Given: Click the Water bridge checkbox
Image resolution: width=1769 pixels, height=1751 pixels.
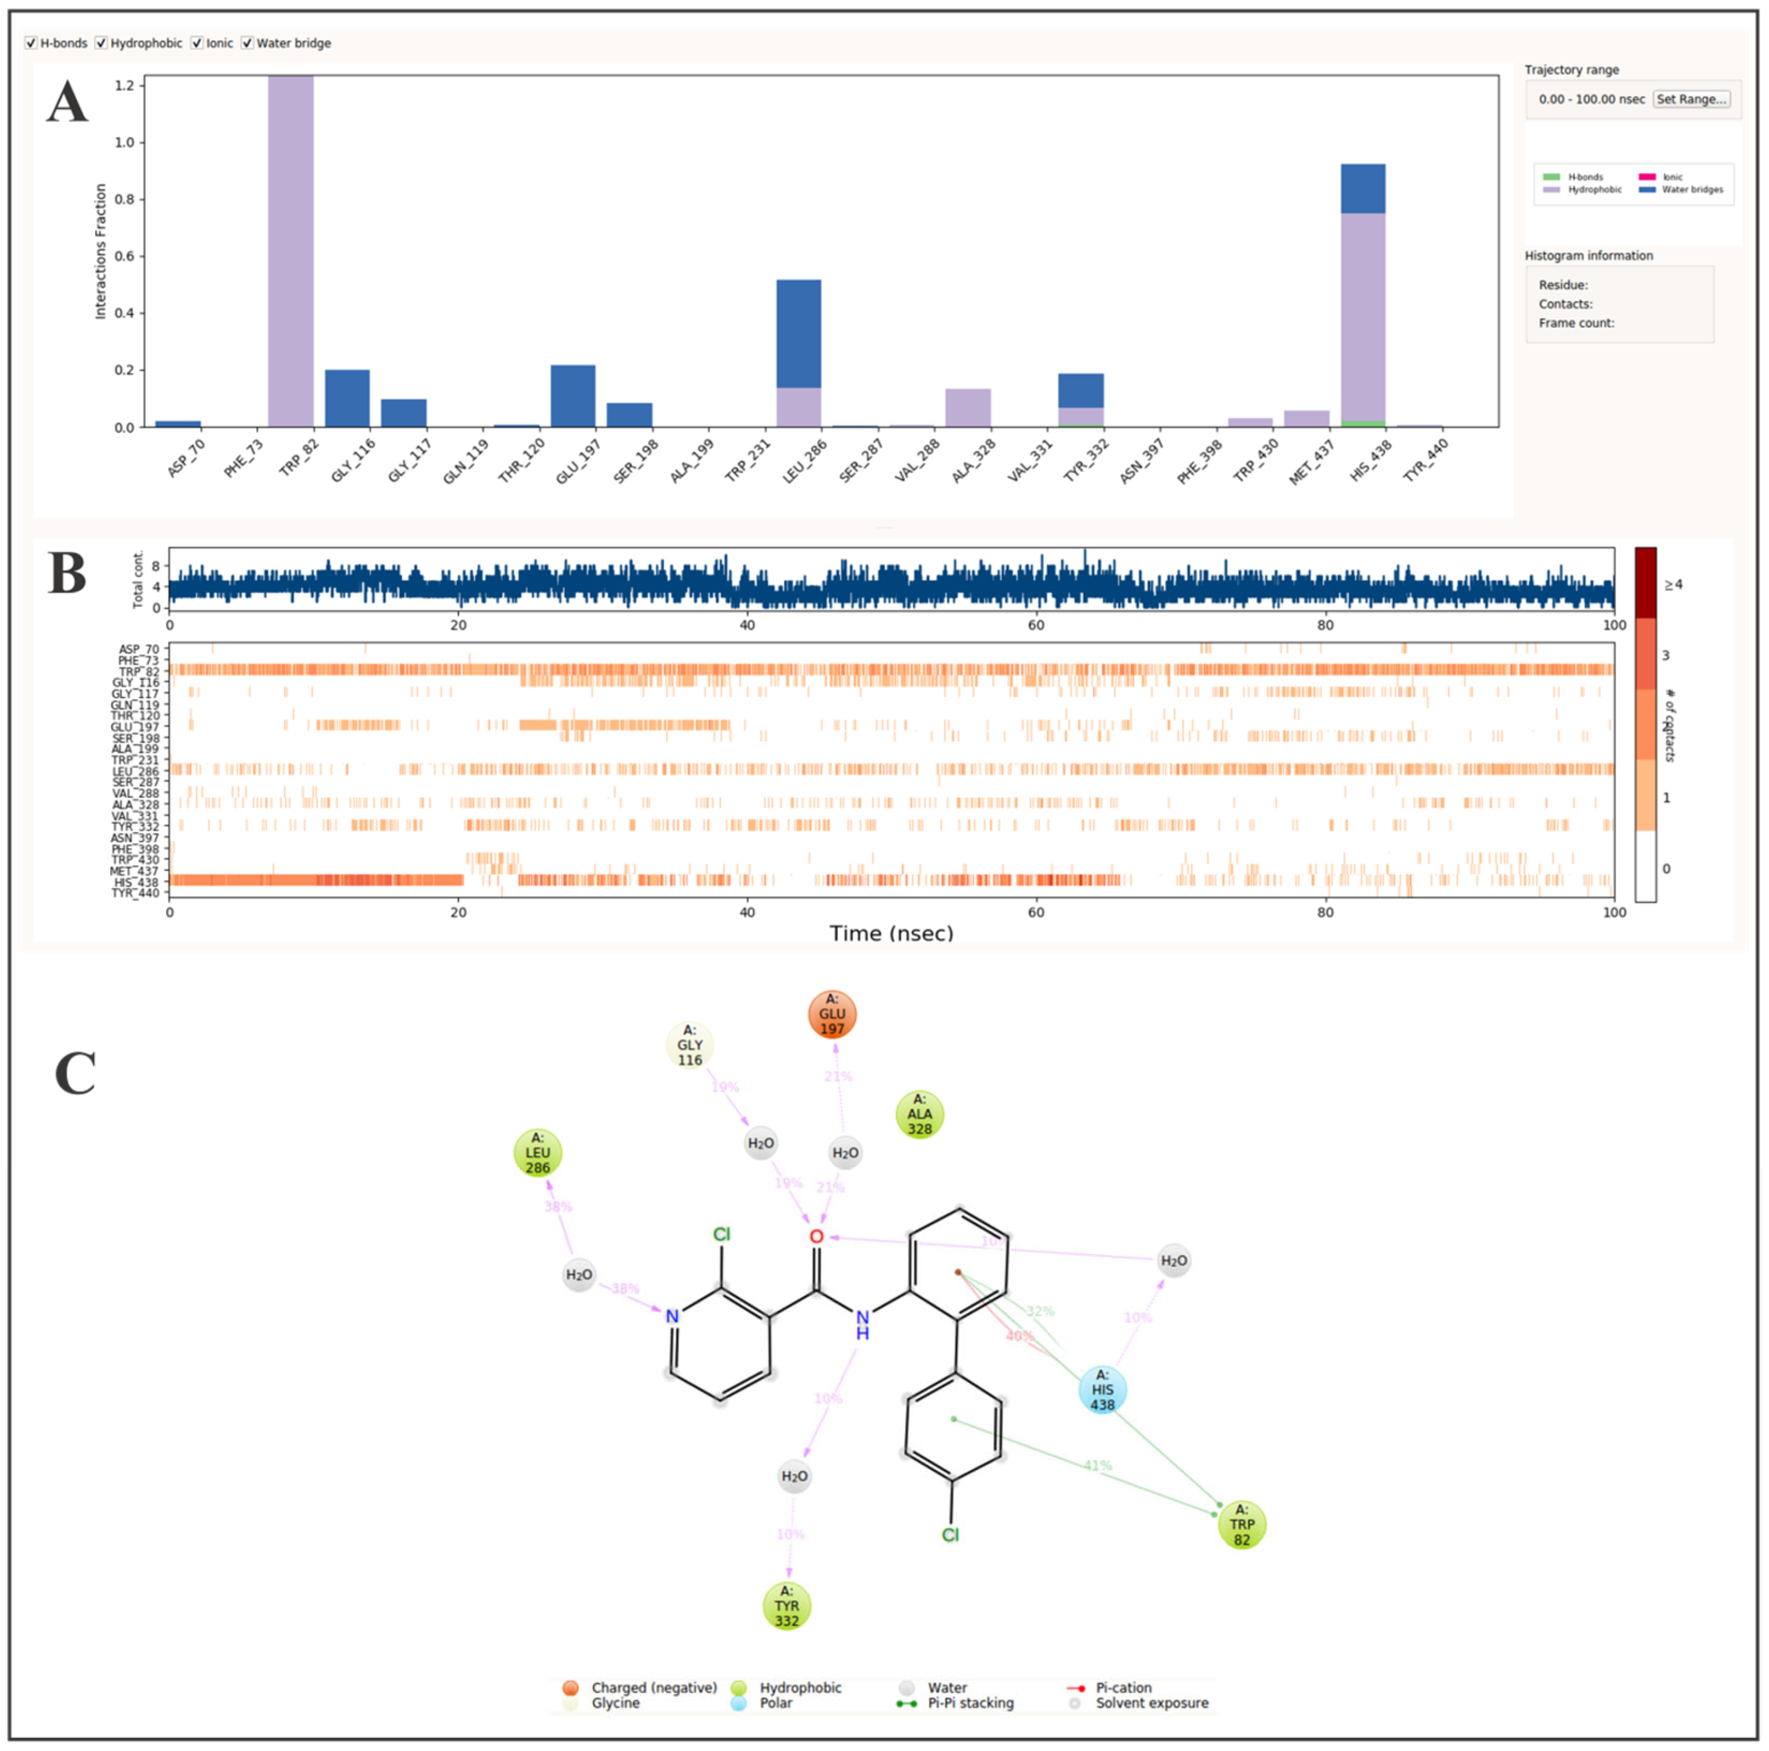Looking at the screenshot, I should [248, 43].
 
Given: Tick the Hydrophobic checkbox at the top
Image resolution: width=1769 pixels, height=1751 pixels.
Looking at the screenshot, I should [102, 43].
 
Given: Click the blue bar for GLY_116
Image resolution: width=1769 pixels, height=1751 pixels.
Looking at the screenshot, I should [347, 398].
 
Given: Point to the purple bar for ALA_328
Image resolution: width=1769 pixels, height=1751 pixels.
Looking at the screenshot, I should [968, 408].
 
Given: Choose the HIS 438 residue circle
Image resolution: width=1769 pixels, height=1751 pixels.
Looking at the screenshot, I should [1102, 1389].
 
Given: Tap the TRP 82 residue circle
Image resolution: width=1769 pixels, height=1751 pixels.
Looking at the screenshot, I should [1241, 1524].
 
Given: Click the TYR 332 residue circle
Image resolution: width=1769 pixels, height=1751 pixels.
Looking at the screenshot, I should [786, 1606].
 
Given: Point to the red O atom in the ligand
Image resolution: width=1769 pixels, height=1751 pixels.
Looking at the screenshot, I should [816, 1237].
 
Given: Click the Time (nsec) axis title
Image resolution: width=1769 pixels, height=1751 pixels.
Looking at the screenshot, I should [891, 933].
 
